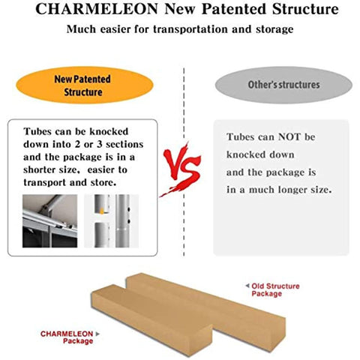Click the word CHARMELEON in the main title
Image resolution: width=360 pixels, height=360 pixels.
tap(97, 9)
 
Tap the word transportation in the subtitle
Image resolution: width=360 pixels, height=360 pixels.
tap(190, 29)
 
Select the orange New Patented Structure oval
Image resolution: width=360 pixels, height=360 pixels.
tap(85, 85)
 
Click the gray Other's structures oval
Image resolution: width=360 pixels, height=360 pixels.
tap(283, 85)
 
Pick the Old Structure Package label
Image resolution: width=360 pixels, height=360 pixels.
tap(275, 289)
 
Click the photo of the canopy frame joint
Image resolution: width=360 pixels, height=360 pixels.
tap(49, 221)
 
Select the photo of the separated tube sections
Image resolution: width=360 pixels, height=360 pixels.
tap(111, 221)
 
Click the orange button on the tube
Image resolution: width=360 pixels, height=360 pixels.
tap(102, 211)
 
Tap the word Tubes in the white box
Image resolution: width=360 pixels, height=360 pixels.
tap(37, 131)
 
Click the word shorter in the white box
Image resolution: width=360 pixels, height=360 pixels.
tap(39, 169)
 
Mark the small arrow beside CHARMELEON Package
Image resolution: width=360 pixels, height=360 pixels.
tap(97, 334)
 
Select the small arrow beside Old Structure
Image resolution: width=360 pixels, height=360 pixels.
tap(247, 286)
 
